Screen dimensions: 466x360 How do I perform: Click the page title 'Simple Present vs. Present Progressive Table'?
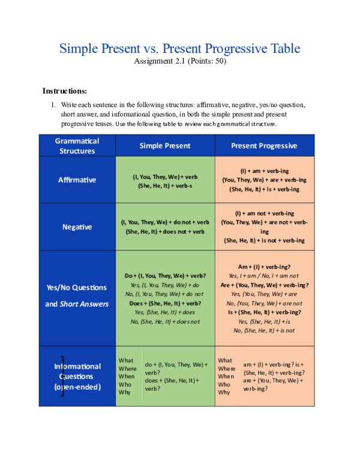[x=179, y=49]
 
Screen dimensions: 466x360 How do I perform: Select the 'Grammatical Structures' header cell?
[x=77, y=146]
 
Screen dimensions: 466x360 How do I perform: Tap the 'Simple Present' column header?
[x=165, y=146]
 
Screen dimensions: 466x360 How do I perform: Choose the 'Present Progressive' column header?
[x=264, y=146]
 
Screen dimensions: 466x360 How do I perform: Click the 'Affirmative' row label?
[x=77, y=180]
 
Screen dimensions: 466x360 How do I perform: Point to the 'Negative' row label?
[x=77, y=227]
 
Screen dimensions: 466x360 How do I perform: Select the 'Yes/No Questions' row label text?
[x=77, y=288]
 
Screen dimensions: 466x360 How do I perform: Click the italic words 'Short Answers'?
[x=84, y=304]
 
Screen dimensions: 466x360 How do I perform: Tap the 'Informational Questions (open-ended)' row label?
[x=78, y=377]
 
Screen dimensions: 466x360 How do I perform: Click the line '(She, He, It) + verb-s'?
[x=165, y=186]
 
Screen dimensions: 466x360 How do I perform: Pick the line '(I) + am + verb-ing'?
[x=264, y=171]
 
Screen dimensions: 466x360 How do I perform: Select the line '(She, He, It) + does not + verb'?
[x=165, y=232]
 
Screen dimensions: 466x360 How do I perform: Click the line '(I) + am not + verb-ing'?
[x=264, y=213]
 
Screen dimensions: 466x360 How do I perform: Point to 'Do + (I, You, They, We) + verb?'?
[x=165, y=276]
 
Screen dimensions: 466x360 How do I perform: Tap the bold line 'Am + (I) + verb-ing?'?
[x=264, y=267]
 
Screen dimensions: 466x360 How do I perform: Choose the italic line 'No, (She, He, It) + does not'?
[x=165, y=321]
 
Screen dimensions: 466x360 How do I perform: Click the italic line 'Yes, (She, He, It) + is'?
[x=264, y=321]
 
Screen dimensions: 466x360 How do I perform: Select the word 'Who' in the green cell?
[x=124, y=384]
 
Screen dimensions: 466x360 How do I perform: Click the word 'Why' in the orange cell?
[x=224, y=392]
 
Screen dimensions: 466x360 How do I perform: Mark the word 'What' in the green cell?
[x=125, y=360]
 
